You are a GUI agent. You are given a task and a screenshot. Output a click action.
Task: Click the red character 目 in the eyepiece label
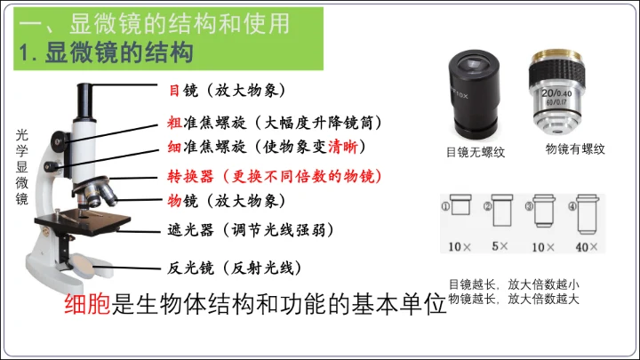174,90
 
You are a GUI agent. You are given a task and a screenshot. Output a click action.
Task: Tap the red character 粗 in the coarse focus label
174,123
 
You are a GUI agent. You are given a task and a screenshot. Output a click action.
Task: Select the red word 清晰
343,147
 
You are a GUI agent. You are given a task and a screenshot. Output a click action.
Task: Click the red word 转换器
190,176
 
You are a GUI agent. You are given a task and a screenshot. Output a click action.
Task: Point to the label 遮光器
190,230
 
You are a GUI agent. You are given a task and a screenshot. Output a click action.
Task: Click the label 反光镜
190,268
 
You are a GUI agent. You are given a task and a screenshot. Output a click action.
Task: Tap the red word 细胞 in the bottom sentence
87,304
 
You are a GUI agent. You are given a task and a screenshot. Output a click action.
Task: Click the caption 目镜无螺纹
476,152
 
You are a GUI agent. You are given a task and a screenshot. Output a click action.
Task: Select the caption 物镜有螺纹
575,149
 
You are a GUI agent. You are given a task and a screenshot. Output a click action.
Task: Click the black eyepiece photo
475,95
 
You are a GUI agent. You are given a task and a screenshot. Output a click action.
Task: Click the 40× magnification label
587,246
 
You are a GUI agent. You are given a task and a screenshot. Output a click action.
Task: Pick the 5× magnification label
500,246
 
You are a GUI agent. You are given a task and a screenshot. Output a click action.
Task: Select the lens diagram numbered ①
461,204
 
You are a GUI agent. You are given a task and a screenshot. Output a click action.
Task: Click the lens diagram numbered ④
588,215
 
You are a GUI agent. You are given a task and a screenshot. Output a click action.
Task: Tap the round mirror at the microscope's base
84,266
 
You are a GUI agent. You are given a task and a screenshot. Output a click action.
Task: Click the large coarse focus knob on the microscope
60,141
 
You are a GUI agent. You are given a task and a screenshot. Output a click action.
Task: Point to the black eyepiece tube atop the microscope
84,102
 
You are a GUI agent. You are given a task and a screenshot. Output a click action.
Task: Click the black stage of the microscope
83,221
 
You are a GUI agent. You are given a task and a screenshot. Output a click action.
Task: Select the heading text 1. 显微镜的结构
106,52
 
